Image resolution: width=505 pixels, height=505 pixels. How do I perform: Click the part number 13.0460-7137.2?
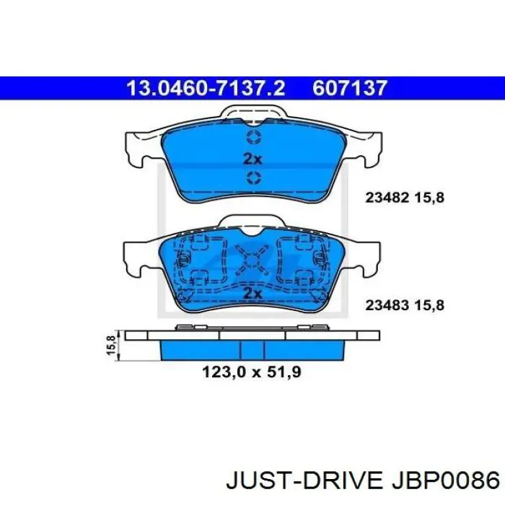(206, 88)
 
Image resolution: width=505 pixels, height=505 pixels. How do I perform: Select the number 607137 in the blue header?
(351, 88)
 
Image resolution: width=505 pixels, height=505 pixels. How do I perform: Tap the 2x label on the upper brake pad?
(252, 159)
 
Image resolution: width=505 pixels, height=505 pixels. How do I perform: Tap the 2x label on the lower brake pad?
(252, 293)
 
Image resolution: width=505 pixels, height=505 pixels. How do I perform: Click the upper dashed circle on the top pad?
(253, 138)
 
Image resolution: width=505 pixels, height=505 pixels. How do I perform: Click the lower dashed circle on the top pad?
(253, 179)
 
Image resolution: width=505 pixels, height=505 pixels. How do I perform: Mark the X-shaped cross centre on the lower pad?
(252, 257)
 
